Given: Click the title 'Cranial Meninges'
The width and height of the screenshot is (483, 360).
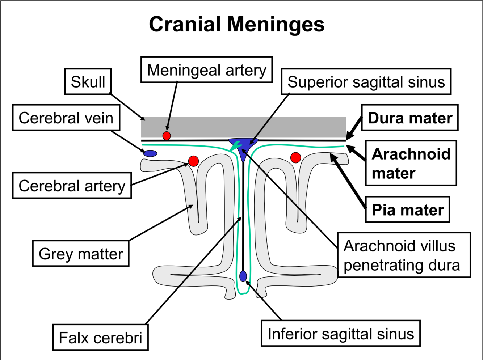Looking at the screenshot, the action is (x=236, y=24).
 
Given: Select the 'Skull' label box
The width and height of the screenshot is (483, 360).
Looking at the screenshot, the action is (x=88, y=81).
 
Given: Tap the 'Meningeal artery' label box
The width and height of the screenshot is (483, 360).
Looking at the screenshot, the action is (x=207, y=70).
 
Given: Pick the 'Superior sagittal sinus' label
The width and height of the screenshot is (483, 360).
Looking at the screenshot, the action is (x=366, y=81).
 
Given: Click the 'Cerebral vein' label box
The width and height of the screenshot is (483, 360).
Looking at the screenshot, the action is (x=66, y=118).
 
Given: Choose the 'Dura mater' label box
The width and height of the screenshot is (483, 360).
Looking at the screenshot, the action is (x=410, y=118).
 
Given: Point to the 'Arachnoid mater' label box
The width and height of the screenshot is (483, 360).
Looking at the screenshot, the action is (x=411, y=163).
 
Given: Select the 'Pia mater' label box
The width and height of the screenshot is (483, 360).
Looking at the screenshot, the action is (x=408, y=209).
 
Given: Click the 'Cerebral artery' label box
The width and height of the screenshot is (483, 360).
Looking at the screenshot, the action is (x=72, y=186).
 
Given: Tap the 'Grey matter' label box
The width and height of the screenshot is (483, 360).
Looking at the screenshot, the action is (x=81, y=253).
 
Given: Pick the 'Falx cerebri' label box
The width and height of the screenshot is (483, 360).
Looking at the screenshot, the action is (x=100, y=337).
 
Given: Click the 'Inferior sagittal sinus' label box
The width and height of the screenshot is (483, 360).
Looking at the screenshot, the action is (x=341, y=333).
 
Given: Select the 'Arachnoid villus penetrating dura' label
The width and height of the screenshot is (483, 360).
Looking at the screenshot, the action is (x=404, y=255).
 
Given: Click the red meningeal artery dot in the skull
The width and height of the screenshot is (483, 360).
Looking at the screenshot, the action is (x=167, y=136).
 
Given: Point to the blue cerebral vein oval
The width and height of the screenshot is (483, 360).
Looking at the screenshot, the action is (x=150, y=153).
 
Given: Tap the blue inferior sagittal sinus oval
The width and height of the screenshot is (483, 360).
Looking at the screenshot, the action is (x=243, y=276).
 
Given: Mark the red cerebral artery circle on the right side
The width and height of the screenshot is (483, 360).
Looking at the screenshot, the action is (x=295, y=158).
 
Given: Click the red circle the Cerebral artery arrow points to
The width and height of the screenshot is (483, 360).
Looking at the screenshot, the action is (x=193, y=161).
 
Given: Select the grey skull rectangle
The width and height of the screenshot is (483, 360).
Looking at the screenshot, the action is (x=243, y=127).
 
